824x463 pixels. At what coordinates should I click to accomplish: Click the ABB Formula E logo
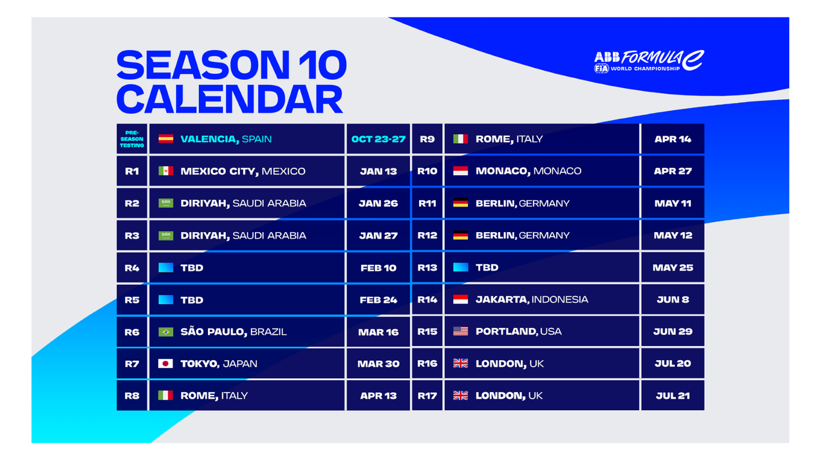tap(650, 61)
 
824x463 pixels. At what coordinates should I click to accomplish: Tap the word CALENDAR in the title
tap(230, 99)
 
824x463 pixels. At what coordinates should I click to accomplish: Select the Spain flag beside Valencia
tap(165, 139)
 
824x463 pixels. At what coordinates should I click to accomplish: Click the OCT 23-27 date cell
tap(378, 139)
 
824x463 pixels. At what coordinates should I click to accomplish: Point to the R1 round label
tap(132, 171)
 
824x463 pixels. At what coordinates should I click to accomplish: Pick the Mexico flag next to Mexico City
tap(165, 171)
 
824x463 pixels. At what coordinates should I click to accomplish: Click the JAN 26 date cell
tap(378, 203)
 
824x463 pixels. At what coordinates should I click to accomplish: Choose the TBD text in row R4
tap(192, 268)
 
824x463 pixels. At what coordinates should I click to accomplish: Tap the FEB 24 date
tap(378, 300)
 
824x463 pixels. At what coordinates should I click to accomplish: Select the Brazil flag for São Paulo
tap(165, 332)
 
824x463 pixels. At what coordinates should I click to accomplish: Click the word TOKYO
tap(200, 364)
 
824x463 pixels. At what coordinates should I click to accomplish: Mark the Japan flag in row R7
tap(165, 364)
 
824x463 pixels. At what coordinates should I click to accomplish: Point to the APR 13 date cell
tap(378, 395)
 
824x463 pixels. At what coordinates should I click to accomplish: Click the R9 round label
tap(427, 139)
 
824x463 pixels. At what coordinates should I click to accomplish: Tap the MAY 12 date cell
tap(673, 235)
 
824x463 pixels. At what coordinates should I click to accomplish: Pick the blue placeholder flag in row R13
tap(460, 267)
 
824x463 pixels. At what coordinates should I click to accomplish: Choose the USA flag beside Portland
tap(460, 331)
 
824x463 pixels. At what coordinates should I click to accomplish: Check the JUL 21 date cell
tap(673, 395)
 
